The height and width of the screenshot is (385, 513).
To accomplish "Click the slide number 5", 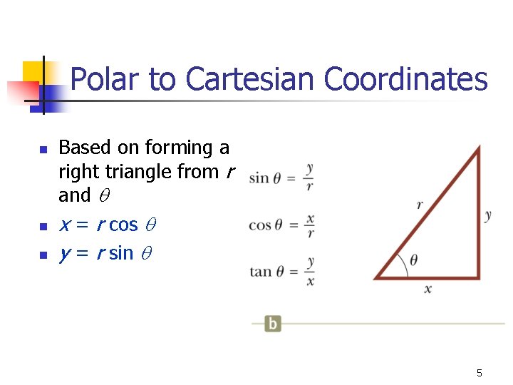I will pyautogui.click(x=480, y=373).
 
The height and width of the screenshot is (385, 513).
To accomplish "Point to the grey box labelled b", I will pyautogui.click(x=272, y=323).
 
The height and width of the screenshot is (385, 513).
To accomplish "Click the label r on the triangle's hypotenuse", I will pyautogui.click(x=420, y=205).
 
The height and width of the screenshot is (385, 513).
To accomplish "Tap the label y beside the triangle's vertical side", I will pyautogui.click(x=488, y=215).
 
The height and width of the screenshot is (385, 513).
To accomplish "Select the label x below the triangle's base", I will pyautogui.click(x=427, y=289).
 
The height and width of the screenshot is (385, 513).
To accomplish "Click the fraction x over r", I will pyautogui.click(x=310, y=225).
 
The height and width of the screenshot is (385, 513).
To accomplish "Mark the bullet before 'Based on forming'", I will pyautogui.click(x=43, y=150).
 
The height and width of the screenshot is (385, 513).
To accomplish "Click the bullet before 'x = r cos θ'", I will pyautogui.click(x=43, y=227).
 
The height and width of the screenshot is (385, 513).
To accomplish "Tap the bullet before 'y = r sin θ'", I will pyautogui.click(x=43, y=255).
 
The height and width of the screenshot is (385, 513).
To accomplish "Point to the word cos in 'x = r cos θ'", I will pyautogui.click(x=123, y=225).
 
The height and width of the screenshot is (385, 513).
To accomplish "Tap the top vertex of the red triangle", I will pyautogui.click(x=478, y=148).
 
